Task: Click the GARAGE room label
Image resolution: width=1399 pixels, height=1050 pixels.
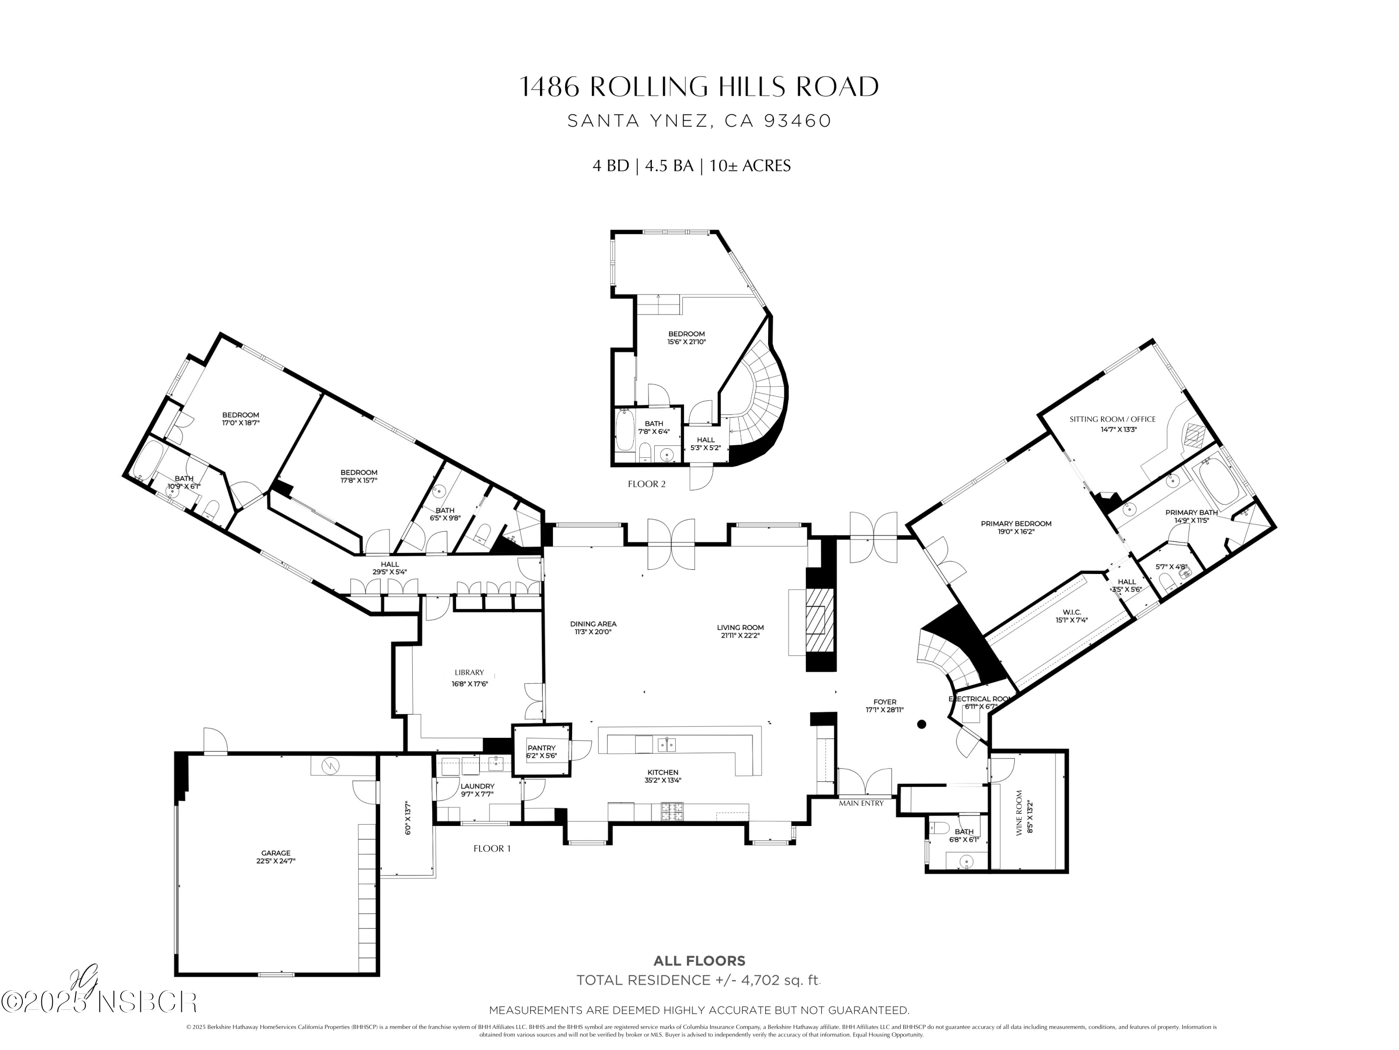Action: [276, 853]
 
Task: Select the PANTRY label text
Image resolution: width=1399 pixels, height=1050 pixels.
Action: [541, 748]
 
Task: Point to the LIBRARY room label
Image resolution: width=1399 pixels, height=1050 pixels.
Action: [469, 672]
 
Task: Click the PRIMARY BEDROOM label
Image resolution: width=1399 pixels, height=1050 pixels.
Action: [1016, 524]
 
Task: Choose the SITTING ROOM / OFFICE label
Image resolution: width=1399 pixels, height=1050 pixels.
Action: [1112, 419]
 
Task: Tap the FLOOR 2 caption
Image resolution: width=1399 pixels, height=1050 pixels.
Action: [646, 484]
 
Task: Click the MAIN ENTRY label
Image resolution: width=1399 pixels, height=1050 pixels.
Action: [861, 803]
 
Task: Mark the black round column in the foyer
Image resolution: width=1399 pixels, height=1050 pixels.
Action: [921, 724]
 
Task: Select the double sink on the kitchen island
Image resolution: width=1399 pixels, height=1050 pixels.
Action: [666, 744]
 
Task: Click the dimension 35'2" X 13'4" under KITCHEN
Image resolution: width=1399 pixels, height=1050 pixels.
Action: [663, 780]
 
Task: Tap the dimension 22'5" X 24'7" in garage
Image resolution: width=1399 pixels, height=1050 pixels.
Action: [276, 861]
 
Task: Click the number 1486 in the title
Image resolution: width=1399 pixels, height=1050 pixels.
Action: [548, 87]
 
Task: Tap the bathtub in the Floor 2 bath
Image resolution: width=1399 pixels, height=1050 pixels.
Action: [624, 430]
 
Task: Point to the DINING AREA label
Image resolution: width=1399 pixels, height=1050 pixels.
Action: [593, 623]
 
